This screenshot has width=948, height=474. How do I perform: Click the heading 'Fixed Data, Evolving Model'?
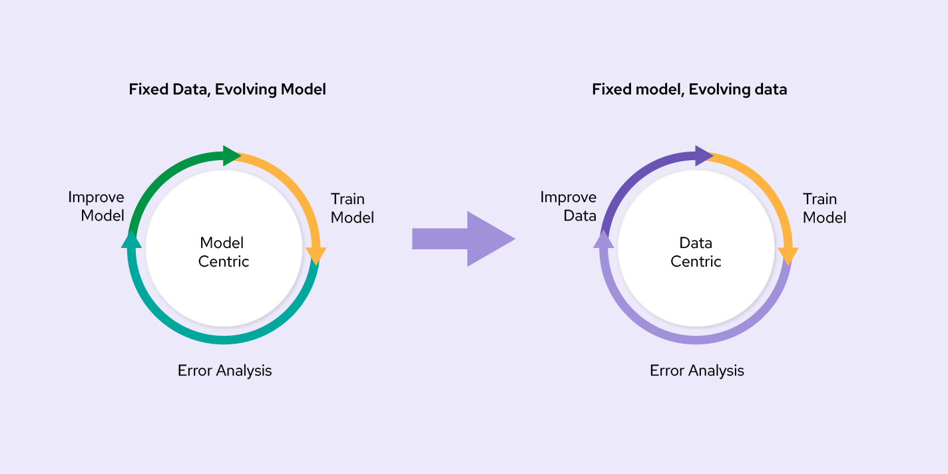[227, 89]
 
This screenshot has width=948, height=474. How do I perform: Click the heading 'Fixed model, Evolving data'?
[689, 89]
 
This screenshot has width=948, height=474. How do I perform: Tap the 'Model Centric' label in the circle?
[224, 252]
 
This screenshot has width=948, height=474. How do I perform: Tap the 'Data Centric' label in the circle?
[696, 252]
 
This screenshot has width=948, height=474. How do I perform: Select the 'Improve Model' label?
[96, 206]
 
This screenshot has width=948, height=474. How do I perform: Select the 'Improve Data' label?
[568, 206]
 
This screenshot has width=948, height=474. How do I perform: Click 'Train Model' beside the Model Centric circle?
[352, 208]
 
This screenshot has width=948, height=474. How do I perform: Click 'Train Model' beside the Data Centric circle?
[824, 208]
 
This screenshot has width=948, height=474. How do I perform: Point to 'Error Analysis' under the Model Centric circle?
[224, 370]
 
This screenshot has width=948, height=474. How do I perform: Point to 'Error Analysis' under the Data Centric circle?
[696, 370]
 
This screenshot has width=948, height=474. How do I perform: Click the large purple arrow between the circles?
[463, 239]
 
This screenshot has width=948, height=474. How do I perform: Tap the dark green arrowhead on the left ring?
[231, 156]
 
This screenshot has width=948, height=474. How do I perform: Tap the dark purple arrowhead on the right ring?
[703, 156]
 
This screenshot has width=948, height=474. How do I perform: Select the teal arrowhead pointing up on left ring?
[132, 240]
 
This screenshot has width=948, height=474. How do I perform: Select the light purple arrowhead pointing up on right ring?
[603, 240]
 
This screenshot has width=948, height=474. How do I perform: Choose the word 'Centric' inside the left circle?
[224, 261]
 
